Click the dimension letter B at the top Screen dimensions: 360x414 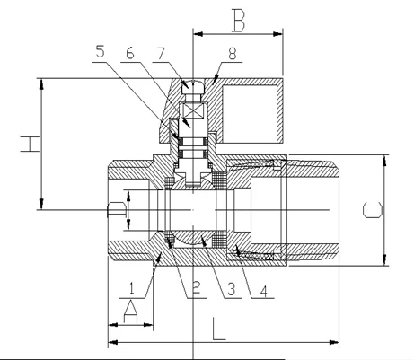(x=237, y=17)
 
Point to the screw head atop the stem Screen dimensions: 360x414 (x=192, y=87)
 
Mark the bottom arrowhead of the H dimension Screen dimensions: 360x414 (x=40, y=206)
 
